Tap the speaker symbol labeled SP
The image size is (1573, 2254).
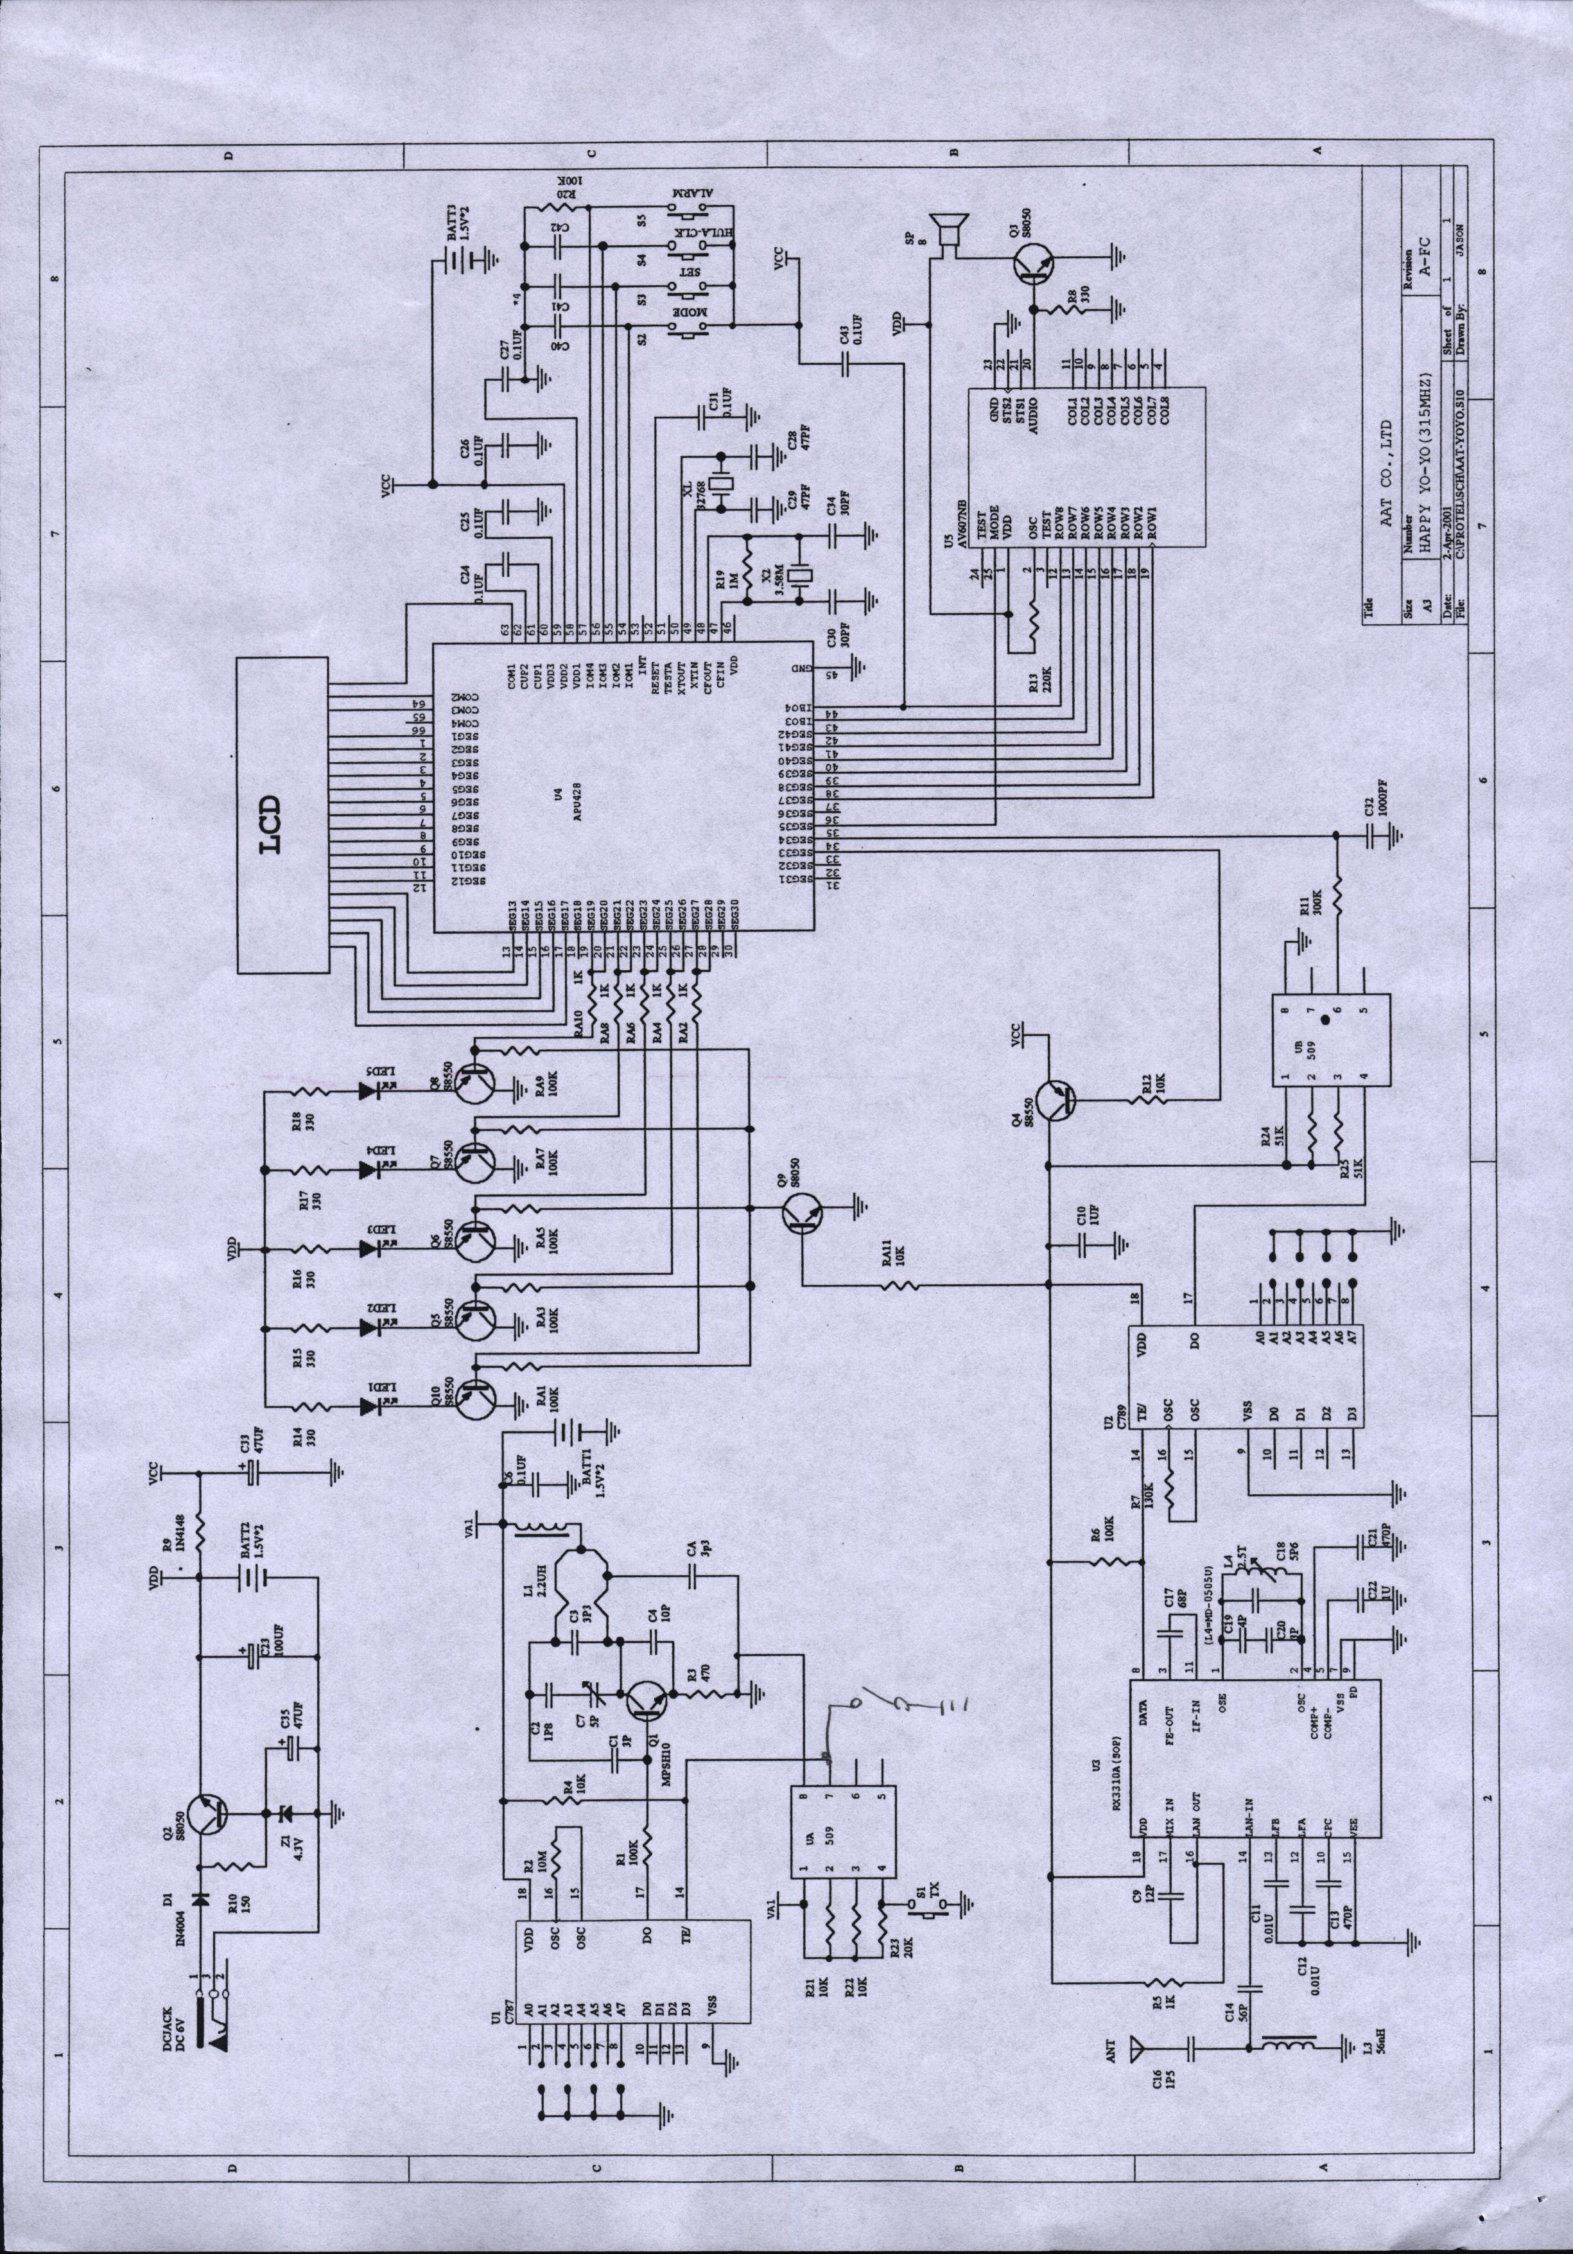coord(947,232)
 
